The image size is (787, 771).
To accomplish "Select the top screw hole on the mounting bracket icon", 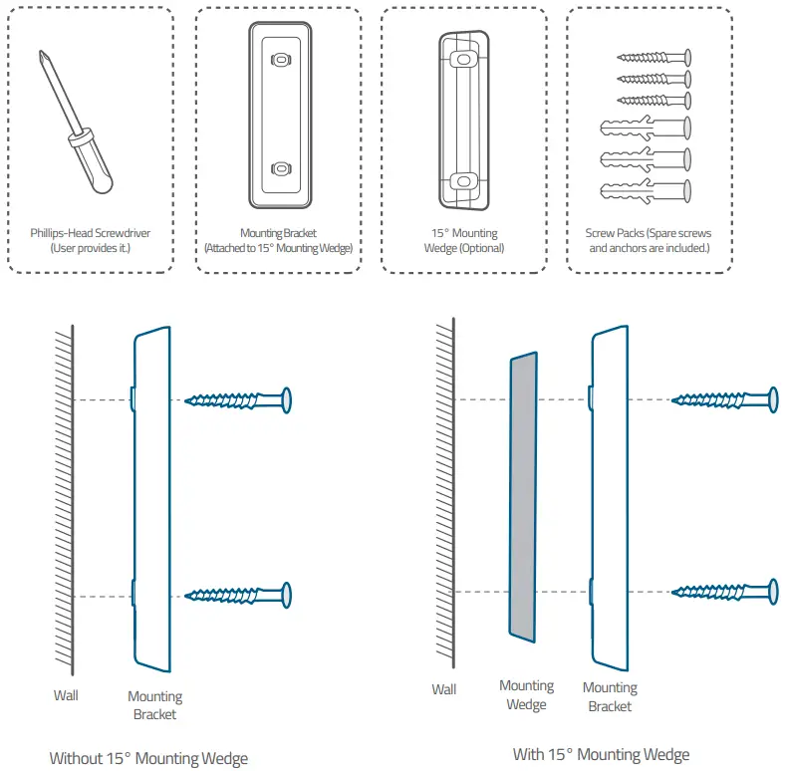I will [280, 61].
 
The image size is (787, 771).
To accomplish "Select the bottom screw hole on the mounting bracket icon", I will [280, 168].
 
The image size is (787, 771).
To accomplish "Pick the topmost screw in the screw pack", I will [655, 59].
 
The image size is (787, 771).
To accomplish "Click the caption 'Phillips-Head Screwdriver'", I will [91, 233].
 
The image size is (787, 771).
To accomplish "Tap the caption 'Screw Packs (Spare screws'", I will [649, 233].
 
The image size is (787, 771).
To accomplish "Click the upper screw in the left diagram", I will [239, 399].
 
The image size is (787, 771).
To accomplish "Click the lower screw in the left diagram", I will [239, 595].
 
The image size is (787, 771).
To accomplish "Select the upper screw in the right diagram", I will [724, 399].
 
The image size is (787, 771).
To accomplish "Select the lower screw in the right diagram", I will [724, 593].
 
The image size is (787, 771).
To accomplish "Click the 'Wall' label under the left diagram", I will [66, 695].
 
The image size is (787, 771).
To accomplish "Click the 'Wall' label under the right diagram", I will [444, 689].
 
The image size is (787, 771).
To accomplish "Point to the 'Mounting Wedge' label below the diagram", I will [526, 695].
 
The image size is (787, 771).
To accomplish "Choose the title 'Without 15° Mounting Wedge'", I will [148, 758].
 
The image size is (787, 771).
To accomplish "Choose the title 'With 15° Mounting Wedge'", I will [601, 754].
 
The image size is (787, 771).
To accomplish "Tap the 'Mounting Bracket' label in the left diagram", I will [154, 705].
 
